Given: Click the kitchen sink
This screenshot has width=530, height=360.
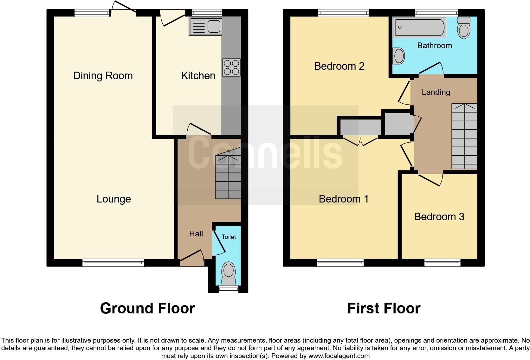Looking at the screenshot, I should point(205,27).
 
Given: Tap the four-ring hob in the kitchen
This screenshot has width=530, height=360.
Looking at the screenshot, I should point(231,67).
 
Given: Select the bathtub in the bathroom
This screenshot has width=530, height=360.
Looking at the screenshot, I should point(419,28).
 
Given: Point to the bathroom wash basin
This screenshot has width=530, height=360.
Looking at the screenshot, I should point(399,56).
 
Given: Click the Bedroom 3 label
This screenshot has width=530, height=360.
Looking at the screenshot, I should point(439,217).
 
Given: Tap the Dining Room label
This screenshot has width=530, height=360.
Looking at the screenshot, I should point(103,76).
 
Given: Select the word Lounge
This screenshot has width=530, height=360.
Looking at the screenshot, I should point(113,199).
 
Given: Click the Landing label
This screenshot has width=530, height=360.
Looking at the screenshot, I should point(436,92).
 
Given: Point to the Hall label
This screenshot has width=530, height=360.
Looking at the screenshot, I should point(196,234).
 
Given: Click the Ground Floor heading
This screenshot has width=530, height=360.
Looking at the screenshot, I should point(147,308).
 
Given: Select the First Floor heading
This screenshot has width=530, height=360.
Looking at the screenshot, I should point(384,308).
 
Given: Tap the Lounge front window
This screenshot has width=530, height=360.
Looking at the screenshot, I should point(113,262).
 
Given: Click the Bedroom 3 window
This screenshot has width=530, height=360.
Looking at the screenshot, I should point(442,262).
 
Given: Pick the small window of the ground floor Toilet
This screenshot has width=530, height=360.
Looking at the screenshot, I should point(229,289).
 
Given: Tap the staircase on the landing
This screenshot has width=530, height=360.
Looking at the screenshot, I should point(464,136).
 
